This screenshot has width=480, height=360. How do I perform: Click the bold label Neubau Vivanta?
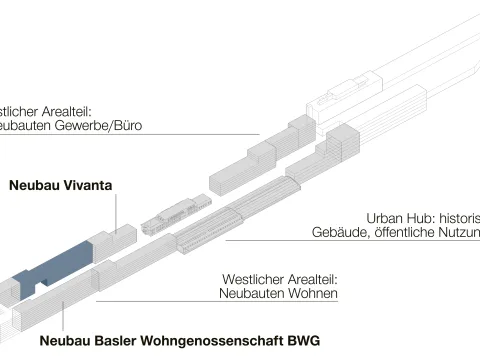click(x=59, y=185)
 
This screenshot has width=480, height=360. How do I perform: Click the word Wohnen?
click(x=314, y=294)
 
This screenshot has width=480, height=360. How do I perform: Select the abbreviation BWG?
click(x=301, y=341)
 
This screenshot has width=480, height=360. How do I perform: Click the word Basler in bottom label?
click(x=119, y=341)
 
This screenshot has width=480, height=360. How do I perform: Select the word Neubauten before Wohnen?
click(x=251, y=294)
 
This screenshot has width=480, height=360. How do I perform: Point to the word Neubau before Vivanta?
click(x=32, y=185)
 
